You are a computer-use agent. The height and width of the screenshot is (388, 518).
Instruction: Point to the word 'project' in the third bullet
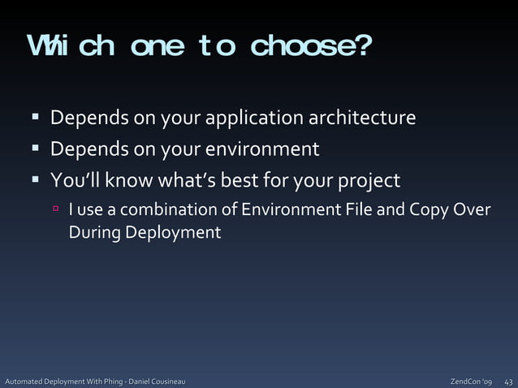370,180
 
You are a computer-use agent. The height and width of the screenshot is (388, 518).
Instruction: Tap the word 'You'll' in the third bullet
72,179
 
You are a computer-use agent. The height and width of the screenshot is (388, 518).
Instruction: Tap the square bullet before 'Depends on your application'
36,119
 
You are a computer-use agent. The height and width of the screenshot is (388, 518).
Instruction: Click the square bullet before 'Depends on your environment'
36,149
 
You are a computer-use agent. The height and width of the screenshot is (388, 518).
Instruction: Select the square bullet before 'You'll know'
36,179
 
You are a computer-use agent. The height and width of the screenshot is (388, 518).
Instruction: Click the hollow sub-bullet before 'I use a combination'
57,209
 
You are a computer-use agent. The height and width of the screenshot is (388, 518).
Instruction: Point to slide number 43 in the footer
508,381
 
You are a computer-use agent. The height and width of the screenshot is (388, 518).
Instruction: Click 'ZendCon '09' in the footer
471,381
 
